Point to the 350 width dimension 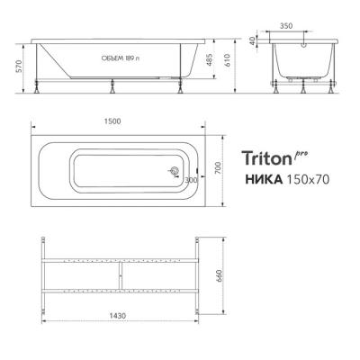[x=310, y=27]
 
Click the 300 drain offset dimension [x=189, y=180]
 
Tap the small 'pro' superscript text [x=301, y=154]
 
